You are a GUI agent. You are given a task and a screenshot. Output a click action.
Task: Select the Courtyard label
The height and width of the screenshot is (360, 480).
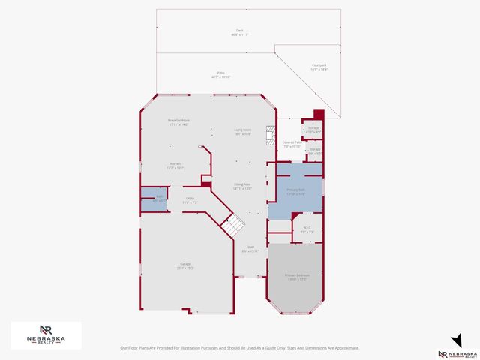(x=319, y=67)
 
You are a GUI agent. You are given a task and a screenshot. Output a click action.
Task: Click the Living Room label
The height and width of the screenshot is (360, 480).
(x=242, y=131)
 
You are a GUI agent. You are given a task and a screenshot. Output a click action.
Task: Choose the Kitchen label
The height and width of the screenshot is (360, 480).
(x=175, y=165)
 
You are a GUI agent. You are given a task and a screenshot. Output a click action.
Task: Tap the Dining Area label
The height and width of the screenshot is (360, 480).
(x=241, y=185)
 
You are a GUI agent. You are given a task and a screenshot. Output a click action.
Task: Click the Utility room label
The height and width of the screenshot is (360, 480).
(x=190, y=199)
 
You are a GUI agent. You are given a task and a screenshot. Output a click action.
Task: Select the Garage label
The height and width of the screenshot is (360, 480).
(x=184, y=265)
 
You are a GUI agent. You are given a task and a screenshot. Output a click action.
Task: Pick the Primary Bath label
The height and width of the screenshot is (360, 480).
(x=296, y=191)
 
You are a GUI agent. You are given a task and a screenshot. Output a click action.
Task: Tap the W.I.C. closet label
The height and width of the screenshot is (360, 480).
(x=307, y=229)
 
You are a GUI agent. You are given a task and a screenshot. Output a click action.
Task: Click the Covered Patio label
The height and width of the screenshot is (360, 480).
(x=292, y=143)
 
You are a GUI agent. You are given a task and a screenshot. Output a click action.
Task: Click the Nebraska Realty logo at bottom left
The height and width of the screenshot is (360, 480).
(x=46, y=335)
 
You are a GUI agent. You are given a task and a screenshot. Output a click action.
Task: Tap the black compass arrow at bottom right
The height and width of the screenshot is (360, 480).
(x=456, y=338)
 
